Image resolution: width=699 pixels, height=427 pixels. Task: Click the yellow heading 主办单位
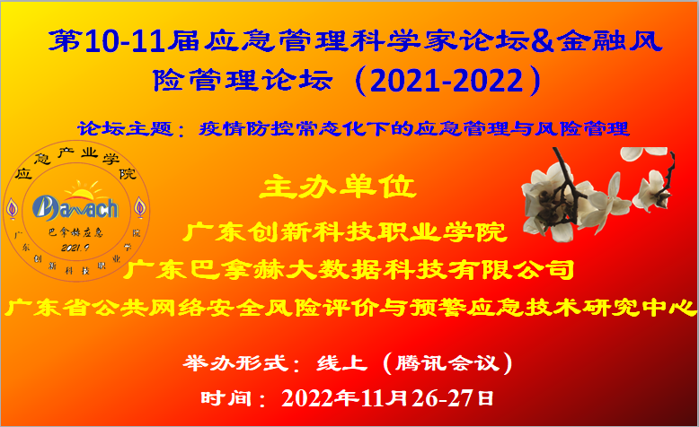[x=337, y=188]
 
